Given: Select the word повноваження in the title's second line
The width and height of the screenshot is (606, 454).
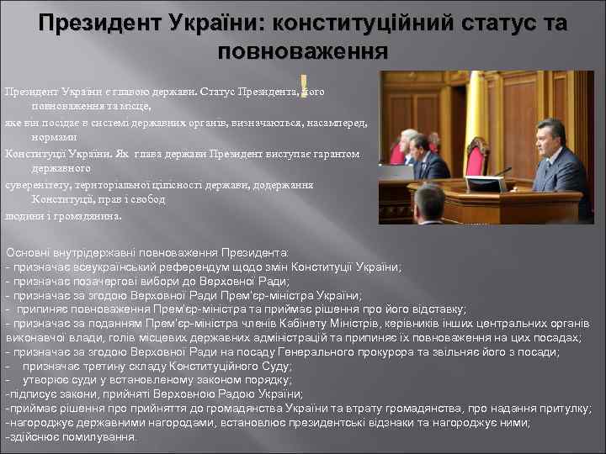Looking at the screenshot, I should tap(302, 51).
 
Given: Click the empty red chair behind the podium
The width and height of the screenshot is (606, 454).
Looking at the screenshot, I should tap(477, 157).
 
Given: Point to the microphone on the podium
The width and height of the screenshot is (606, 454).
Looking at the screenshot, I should tap(502, 172).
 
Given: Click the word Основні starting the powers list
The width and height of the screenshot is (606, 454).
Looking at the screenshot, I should tap(28, 252).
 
